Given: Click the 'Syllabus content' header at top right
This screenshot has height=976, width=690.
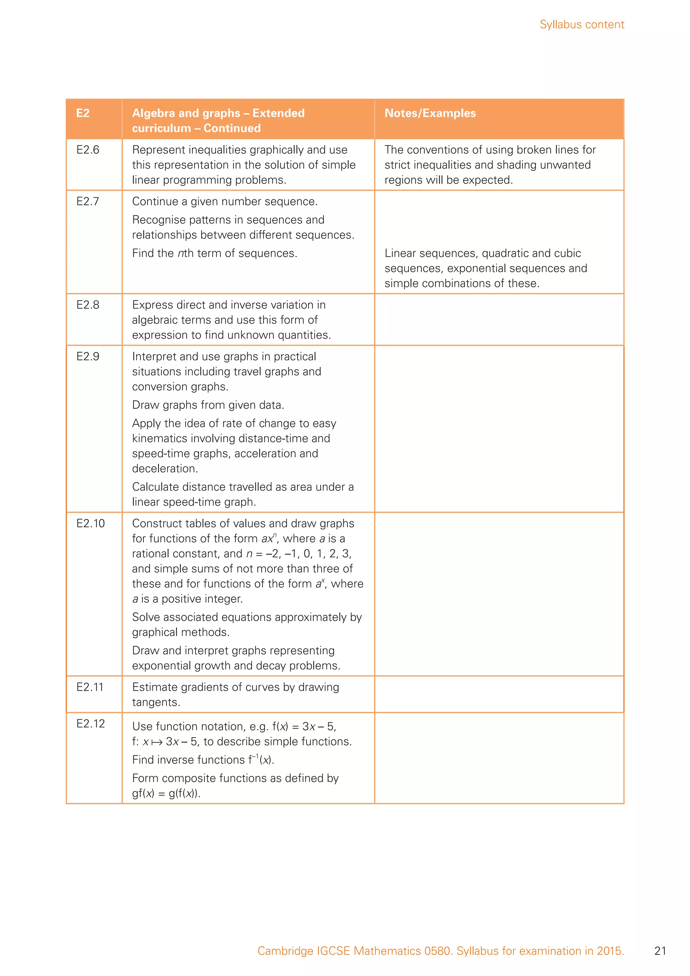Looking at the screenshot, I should pos(581,25).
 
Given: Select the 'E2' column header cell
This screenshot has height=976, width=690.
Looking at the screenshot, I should pos(83,113).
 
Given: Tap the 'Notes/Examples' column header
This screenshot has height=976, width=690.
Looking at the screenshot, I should pos(430,113).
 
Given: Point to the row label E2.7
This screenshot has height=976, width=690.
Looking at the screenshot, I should pos(88,201).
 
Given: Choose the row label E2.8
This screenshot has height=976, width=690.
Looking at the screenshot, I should pos(88,305).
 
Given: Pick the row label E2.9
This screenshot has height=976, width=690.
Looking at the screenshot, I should pos(88,356).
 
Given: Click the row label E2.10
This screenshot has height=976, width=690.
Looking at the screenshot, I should pos(90,523).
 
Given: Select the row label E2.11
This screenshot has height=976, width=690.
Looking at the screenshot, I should pos(90,687).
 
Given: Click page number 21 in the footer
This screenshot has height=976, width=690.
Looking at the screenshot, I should pos(660,951).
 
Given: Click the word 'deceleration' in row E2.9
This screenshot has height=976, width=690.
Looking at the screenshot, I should pos(164,468).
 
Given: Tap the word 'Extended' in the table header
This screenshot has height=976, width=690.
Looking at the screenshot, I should pos(278,113).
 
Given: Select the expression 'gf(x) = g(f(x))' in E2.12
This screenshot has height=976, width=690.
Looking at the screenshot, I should pos(166,793).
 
